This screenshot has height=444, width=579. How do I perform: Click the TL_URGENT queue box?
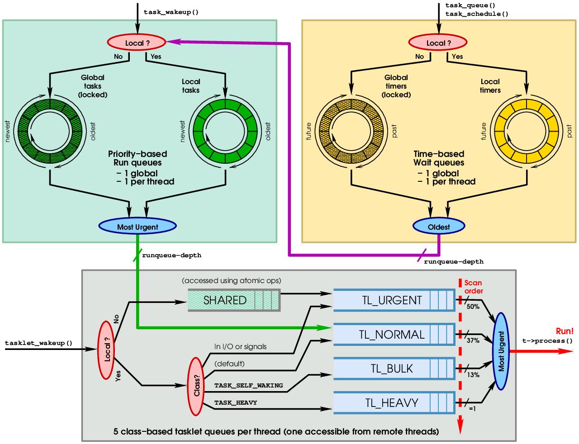pyautogui.click(x=394, y=300)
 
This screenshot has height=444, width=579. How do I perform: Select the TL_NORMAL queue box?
pyautogui.click(x=394, y=335)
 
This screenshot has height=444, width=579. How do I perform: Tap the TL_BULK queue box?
pyautogui.click(x=394, y=368)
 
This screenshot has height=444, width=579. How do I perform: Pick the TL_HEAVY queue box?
pyautogui.click(x=394, y=402)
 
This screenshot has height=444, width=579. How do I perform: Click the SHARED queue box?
pyautogui.click(x=233, y=300)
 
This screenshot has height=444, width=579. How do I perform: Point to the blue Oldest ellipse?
pyautogui.click(x=439, y=227)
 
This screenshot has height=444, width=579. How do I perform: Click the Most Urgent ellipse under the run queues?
pyautogui.click(x=138, y=227)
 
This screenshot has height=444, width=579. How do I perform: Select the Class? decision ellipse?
pyautogui.click(x=196, y=387)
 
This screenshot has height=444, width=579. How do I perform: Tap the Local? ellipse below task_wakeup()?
pyautogui.click(x=137, y=43)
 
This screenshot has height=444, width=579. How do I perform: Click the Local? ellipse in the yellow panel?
pyautogui.click(x=438, y=43)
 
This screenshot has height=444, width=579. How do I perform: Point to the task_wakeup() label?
pyautogui.click(x=171, y=12)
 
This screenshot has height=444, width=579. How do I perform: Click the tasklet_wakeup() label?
pyautogui.click(x=38, y=343)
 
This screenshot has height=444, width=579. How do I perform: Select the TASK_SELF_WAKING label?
pyautogui.click(x=248, y=386)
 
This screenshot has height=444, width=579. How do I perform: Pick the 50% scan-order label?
pyautogui.click(x=473, y=307)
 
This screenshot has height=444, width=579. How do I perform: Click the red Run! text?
pyautogui.click(x=565, y=331)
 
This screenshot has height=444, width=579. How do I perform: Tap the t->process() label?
pyautogui.click(x=547, y=341)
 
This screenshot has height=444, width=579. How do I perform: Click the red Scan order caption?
pyautogui.click(x=474, y=287)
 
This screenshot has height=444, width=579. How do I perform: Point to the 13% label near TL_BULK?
pyautogui.click(x=473, y=375)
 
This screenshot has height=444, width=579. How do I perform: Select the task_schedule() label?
pyautogui.click(x=477, y=14)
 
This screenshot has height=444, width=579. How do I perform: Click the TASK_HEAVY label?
pyautogui.click(x=236, y=403)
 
